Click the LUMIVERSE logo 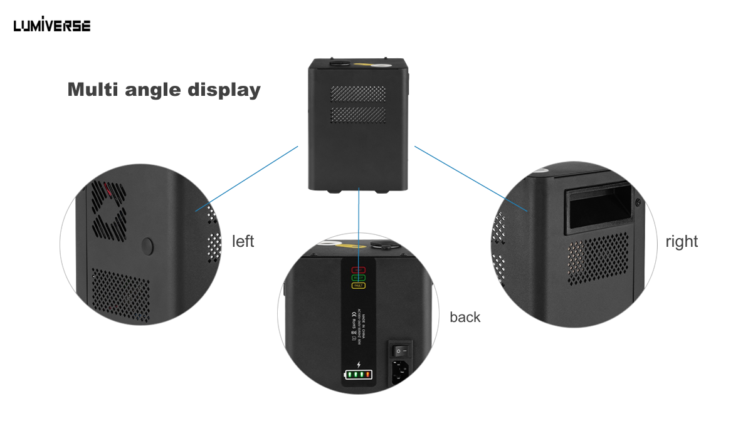coord(52,25)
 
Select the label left coord(243,241)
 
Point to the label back coord(465,317)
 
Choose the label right coord(682,241)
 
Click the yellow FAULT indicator coord(358,286)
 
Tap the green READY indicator coord(358,278)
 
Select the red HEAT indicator coord(358,269)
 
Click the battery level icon coord(358,375)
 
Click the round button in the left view coord(147,246)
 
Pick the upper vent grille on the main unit coord(359,95)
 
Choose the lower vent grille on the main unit coord(359,115)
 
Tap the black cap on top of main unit coord(341,63)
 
